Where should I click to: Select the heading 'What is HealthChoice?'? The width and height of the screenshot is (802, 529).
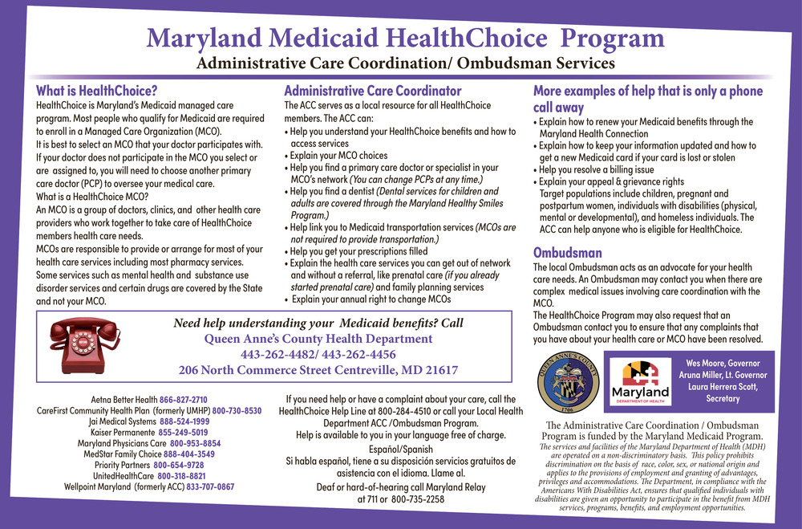click(x=96, y=91)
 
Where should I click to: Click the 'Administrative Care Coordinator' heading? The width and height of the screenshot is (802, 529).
click(x=373, y=91)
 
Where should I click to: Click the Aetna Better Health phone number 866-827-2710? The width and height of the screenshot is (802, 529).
click(x=183, y=399)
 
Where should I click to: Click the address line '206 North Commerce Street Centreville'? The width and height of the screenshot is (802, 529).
click(x=318, y=370)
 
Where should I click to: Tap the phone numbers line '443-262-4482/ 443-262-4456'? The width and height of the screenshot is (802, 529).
click(x=318, y=354)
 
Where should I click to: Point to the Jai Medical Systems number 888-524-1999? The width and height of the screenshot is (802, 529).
click(x=184, y=421)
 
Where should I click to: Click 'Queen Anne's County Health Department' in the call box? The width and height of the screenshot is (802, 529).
click(x=318, y=339)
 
